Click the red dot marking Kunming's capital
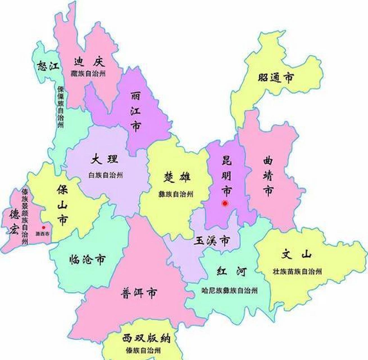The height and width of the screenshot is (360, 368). (x=225, y=203)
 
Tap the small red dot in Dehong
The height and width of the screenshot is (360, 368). (x=44, y=227)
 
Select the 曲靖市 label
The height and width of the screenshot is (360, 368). (x=268, y=176)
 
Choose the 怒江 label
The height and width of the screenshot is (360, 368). (x=48, y=66)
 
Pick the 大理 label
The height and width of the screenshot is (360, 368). (x=104, y=160)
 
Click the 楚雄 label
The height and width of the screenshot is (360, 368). (x=177, y=177)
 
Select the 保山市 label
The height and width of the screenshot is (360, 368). (x=62, y=205)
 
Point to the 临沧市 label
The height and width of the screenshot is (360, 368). (x=87, y=259)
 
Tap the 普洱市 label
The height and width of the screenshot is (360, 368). (x=139, y=293)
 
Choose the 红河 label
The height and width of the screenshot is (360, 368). (x=232, y=272)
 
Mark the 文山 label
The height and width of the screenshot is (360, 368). (x=297, y=255)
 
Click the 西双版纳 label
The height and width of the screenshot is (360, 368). (x=146, y=338)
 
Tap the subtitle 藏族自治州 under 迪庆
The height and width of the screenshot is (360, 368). (x=88, y=74)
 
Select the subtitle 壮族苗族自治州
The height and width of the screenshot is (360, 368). (x=297, y=271)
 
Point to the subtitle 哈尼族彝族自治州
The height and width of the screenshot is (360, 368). (x=230, y=291)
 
